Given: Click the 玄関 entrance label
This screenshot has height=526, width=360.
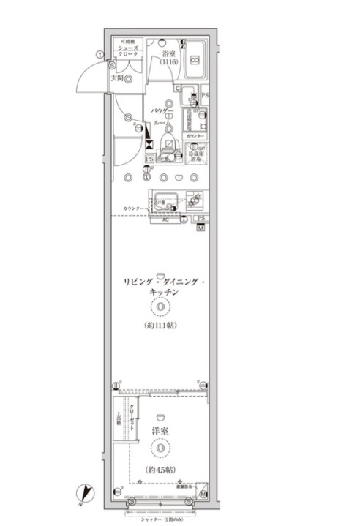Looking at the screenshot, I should [117, 78].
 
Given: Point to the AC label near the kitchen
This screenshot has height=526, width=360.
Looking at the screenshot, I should [165, 219].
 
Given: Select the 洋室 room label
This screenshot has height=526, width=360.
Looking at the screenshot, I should [160, 430].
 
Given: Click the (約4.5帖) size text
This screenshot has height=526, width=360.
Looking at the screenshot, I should [160, 469].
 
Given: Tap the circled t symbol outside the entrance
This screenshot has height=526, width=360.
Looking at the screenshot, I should [100, 53].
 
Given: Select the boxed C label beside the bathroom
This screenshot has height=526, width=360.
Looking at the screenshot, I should [177, 89].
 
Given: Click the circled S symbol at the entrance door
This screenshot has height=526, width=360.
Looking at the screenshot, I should [113, 63].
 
